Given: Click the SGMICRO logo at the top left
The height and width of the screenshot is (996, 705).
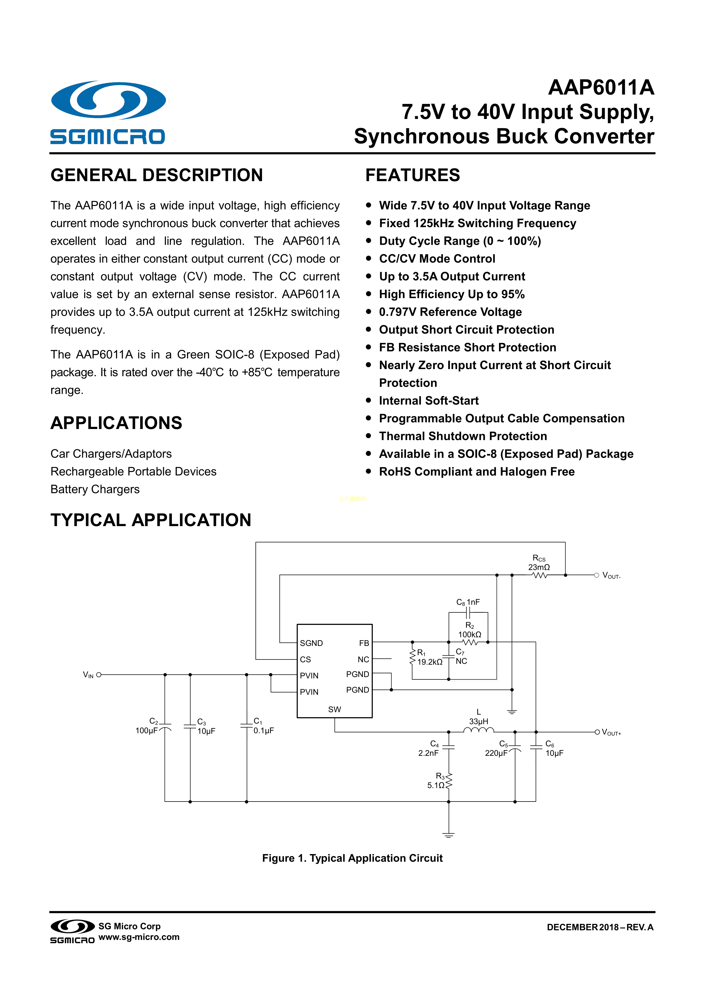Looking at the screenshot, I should click(x=108, y=112).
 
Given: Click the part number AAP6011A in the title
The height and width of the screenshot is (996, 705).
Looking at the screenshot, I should click(x=601, y=88).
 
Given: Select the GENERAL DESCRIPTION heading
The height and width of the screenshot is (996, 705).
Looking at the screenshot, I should click(x=157, y=175).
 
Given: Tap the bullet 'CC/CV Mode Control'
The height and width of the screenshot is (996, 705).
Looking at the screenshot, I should click(x=437, y=259).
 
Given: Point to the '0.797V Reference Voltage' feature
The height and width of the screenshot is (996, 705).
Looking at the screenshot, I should click(x=450, y=312).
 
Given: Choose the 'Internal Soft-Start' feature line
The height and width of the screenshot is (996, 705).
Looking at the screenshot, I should click(x=429, y=401).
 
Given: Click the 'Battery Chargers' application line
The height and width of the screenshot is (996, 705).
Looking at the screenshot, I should click(x=95, y=489).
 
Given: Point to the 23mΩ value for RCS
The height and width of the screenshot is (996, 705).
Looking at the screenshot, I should click(x=539, y=567).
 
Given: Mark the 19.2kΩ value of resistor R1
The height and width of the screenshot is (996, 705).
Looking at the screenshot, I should click(x=430, y=662).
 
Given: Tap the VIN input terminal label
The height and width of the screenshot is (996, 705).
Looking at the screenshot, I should click(x=88, y=675).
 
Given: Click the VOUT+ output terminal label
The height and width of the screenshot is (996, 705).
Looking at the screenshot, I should click(x=611, y=733).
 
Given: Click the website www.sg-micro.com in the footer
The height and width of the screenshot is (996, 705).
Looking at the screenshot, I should click(x=139, y=937).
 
